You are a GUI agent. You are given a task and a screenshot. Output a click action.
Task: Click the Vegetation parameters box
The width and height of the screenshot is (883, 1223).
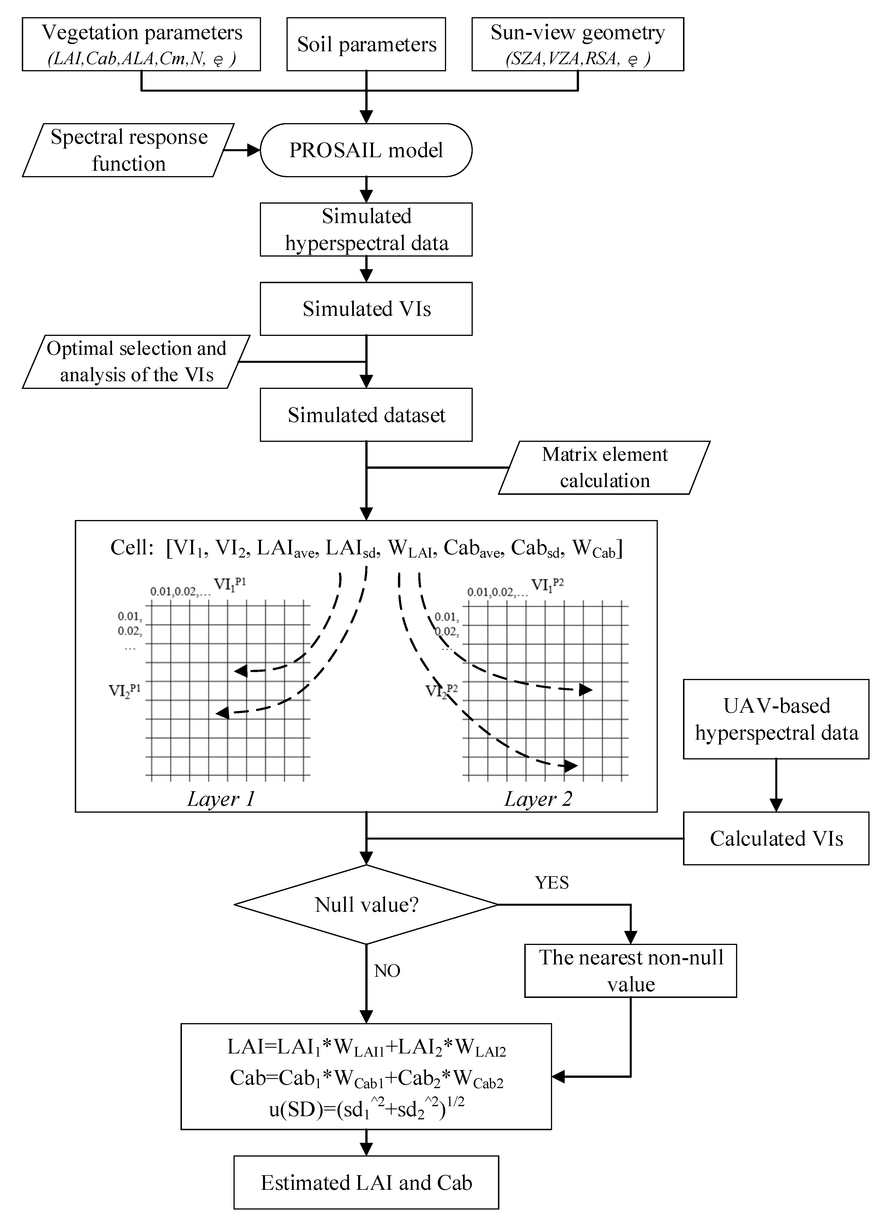pos(141,44)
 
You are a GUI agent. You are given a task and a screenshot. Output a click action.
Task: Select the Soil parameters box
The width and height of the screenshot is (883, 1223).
pos(366,44)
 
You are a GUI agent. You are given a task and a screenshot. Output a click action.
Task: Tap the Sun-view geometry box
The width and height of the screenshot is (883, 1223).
pos(578,44)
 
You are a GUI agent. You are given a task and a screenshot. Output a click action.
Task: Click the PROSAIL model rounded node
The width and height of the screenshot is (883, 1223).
pos(366,150)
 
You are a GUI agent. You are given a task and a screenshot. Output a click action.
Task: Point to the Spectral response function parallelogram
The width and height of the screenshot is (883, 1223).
pos(128,150)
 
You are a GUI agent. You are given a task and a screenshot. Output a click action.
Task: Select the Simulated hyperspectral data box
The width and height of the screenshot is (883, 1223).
pos(366,229)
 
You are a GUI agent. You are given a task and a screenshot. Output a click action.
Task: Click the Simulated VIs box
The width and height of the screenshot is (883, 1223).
pos(366,308)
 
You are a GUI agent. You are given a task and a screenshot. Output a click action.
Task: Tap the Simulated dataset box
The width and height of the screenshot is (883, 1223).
pos(366,415)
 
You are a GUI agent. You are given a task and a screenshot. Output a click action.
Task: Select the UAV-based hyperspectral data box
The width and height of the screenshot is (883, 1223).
pos(776,719)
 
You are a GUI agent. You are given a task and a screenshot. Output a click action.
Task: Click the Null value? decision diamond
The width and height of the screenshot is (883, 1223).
pos(366,904)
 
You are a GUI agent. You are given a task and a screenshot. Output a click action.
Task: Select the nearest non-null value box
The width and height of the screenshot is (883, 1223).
pos(631,971)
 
